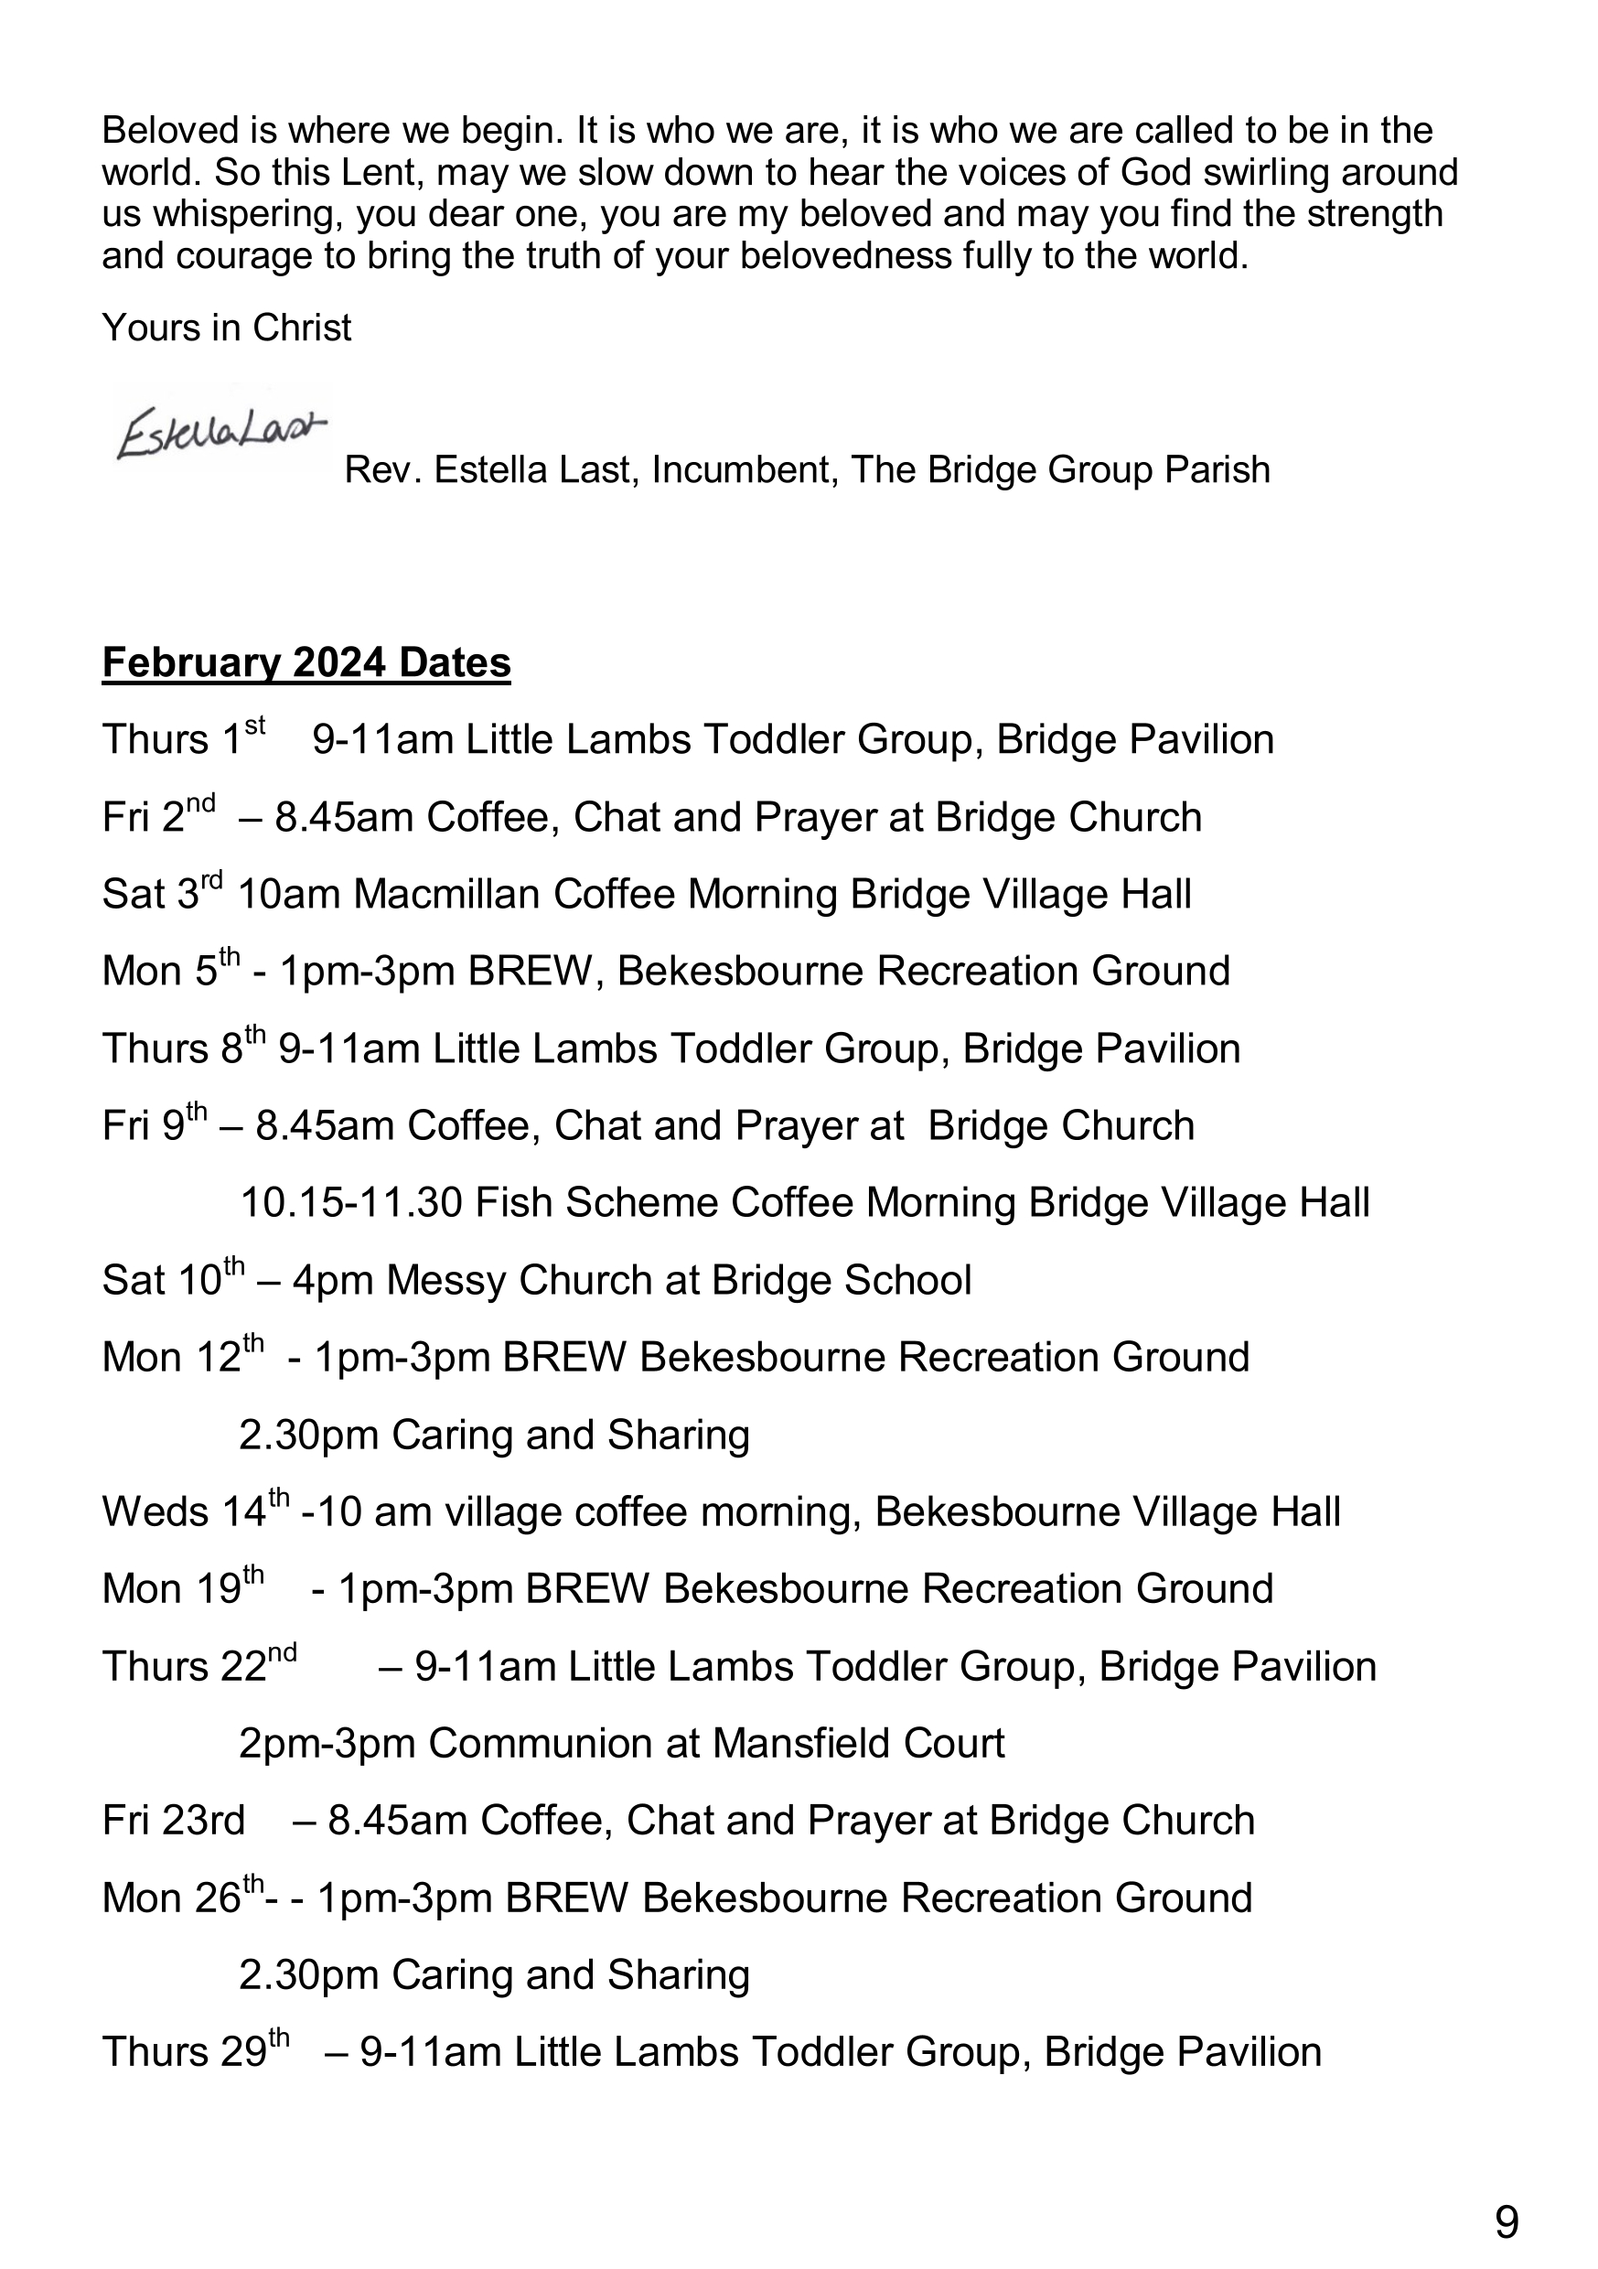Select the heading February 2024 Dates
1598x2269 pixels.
coord(306,662)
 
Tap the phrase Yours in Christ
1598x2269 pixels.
coord(226,328)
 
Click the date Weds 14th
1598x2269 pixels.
coord(195,1512)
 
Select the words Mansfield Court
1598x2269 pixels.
coord(858,1743)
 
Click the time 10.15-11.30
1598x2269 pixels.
coord(351,1204)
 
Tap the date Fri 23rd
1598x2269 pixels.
coord(173,1821)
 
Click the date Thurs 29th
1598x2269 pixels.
coord(195,2051)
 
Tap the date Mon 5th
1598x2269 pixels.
coord(170,972)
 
